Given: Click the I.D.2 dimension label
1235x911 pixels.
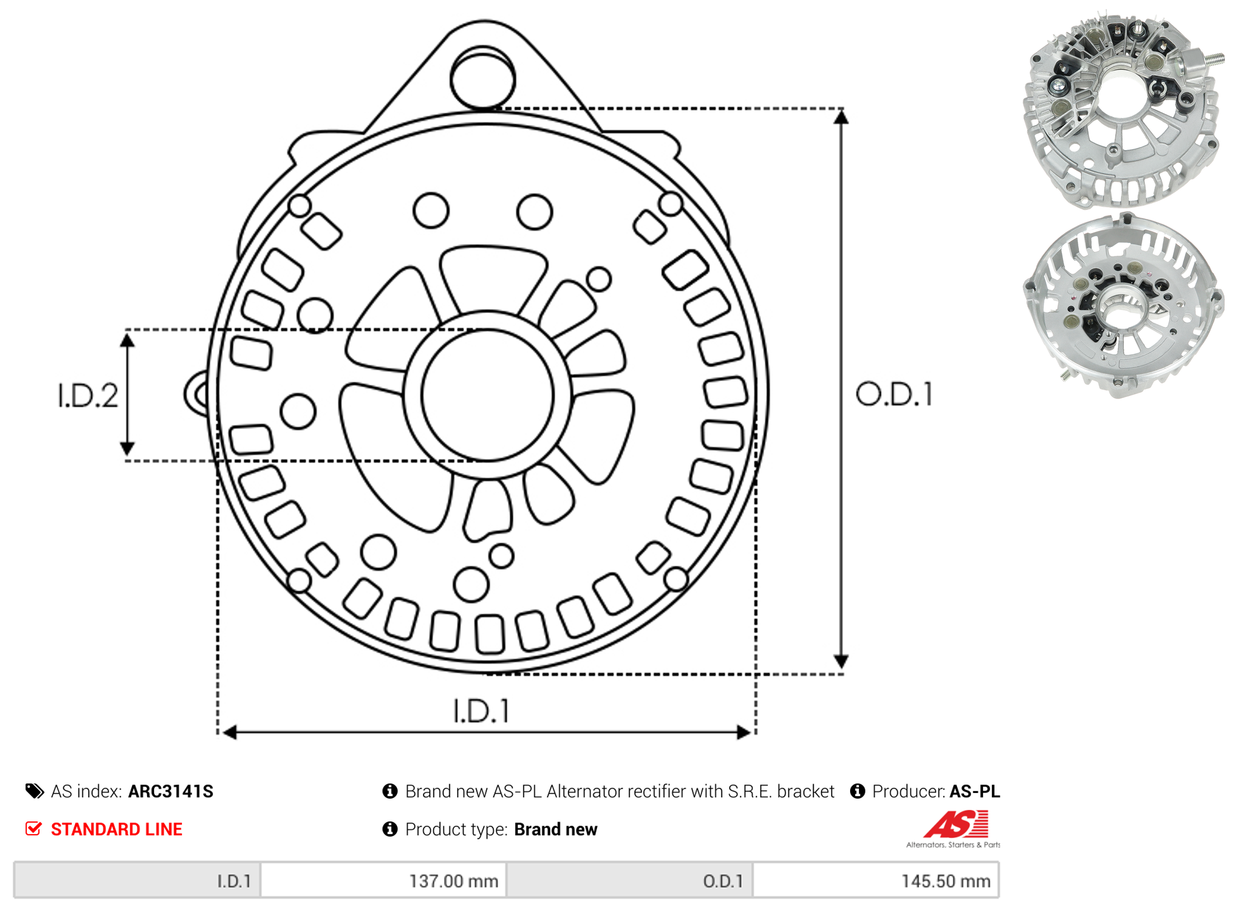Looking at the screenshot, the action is [x=88, y=396].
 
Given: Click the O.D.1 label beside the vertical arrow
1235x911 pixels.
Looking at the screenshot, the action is [x=894, y=394].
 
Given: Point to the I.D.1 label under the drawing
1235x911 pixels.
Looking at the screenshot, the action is [x=481, y=711].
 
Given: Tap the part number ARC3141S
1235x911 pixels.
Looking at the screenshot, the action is [x=170, y=791].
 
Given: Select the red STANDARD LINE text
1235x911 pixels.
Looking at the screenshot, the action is [x=117, y=829].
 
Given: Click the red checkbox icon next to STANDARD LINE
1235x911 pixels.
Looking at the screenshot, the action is [x=34, y=828].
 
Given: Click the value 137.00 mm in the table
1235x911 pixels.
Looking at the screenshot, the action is [x=454, y=881].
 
